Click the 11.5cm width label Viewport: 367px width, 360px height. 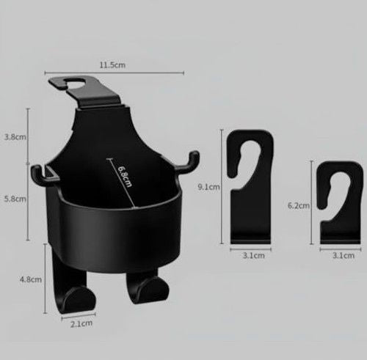point(112,65)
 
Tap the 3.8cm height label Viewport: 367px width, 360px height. point(15,137)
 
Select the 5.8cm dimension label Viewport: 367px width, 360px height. point(15,199)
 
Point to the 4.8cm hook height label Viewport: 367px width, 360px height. point(31,279)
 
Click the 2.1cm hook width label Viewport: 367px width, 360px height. point(81,324)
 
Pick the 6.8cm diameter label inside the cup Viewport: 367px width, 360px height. point(125,177)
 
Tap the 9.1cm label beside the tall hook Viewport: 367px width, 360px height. point(208,187)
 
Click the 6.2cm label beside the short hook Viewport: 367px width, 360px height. point(299,205)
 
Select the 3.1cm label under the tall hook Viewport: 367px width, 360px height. point(254,256)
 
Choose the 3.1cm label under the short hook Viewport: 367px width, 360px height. point(344,256)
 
